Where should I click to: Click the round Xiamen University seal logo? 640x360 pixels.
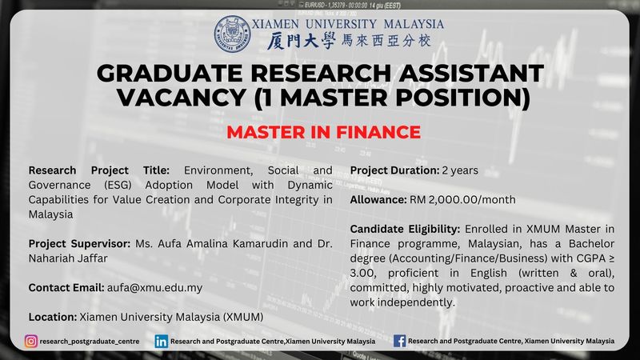click(x=232, y=34)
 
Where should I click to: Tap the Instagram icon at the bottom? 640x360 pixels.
click(x=31, y=342)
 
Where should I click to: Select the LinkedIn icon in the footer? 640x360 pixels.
click(x=162, y=342)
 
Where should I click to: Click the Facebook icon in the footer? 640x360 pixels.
click(x=399, y=341)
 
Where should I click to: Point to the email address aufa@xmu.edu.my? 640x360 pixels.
click(x=154, y=288)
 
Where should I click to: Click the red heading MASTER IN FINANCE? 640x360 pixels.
click(x=324, y=132)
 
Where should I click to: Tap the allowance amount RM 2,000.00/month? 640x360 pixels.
click(x=462, y=199)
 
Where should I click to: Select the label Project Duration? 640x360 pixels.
click(x=394, y=170)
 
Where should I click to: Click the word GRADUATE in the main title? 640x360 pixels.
click(x=170, y=73)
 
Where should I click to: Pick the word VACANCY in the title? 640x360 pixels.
click(x=182, y=98)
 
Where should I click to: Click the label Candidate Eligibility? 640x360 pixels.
click(x=405, y=229)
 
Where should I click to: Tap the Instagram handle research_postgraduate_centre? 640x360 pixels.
click(x=90, y=342)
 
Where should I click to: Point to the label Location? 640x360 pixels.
click(x=53, y=317)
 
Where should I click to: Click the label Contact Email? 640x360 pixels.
click(x=66, y=288)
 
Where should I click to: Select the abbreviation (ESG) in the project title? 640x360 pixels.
click(x=118, y=185)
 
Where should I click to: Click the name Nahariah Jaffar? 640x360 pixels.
click(x=68, y=258)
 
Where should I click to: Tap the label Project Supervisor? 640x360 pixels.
click(x=79, y=244)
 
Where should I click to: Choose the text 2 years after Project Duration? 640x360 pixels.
click(x=460, y=170)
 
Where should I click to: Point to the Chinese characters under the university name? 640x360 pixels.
click(x=349, y=41)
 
